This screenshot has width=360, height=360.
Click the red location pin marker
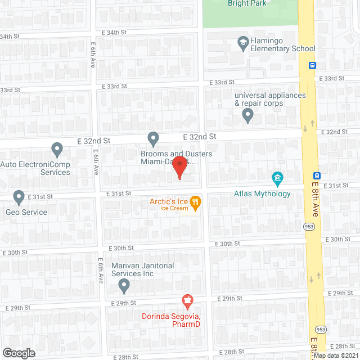coord(179,168)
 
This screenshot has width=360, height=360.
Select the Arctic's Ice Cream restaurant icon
coord(195,201)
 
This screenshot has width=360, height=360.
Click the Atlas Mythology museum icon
coord(277,179)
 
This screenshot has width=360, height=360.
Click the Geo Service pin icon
coord(19,197)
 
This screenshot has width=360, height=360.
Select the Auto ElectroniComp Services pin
coord(56,149)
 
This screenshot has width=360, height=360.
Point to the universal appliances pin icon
coord(247,116)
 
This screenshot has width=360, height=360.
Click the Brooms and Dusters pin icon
coord(153,138)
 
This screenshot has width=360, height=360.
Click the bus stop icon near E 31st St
coord(317,175)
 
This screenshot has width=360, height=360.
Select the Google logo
coord(18,353)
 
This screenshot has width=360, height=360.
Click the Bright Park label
coord(246,3)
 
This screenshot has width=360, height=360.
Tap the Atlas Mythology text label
coord(262,194)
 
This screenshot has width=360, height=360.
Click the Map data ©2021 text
coord(336,355)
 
